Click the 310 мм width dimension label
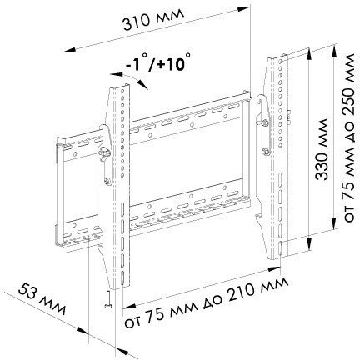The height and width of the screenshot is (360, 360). click(x=153, y=19)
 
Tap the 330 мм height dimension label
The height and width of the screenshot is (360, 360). click(x=322, y=149)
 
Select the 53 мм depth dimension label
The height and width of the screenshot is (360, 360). click(x=42, y=298)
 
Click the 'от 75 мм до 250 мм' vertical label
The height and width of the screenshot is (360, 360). click(x=348, y=137)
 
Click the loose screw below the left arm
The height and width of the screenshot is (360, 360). click(x=107, y=299)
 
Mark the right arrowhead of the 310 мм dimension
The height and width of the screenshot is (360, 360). click(x=244, y=9)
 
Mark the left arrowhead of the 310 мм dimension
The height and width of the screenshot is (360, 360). click(x=69, y=50)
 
